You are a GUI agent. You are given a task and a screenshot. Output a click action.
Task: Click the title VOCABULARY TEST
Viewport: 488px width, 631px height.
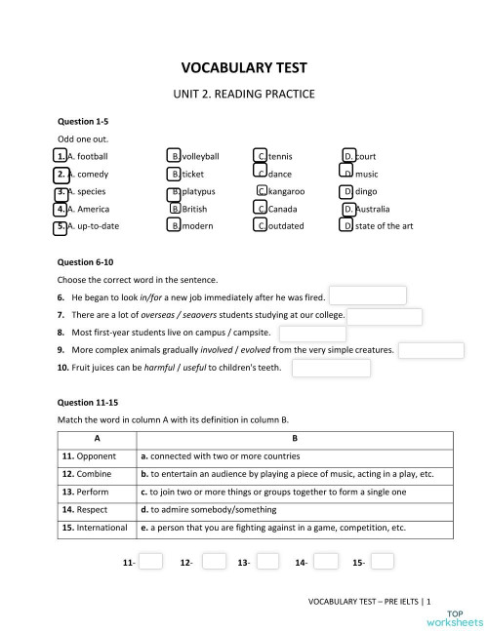[244, 68]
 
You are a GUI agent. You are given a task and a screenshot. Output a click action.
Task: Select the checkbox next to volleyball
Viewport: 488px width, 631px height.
[175, 156]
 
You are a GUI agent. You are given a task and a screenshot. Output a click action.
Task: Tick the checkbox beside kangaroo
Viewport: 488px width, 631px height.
[263, 191]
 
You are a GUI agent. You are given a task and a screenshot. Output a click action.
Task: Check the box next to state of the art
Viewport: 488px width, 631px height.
[346, 226]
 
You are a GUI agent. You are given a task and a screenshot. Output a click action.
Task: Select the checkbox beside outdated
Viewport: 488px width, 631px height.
[261, 226]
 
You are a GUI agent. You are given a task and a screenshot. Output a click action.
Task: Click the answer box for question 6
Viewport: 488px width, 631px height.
[367, 296]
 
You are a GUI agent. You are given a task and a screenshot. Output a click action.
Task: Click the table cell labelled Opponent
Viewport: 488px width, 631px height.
[89, 455]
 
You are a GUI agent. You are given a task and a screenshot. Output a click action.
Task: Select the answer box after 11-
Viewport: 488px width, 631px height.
[151, 562]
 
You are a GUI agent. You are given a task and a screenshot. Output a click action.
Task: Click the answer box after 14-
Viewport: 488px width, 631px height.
[326, 562]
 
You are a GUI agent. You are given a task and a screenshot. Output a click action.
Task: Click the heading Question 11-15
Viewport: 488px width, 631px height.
[87, 402]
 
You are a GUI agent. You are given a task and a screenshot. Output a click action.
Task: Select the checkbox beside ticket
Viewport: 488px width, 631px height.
[175, 174]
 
